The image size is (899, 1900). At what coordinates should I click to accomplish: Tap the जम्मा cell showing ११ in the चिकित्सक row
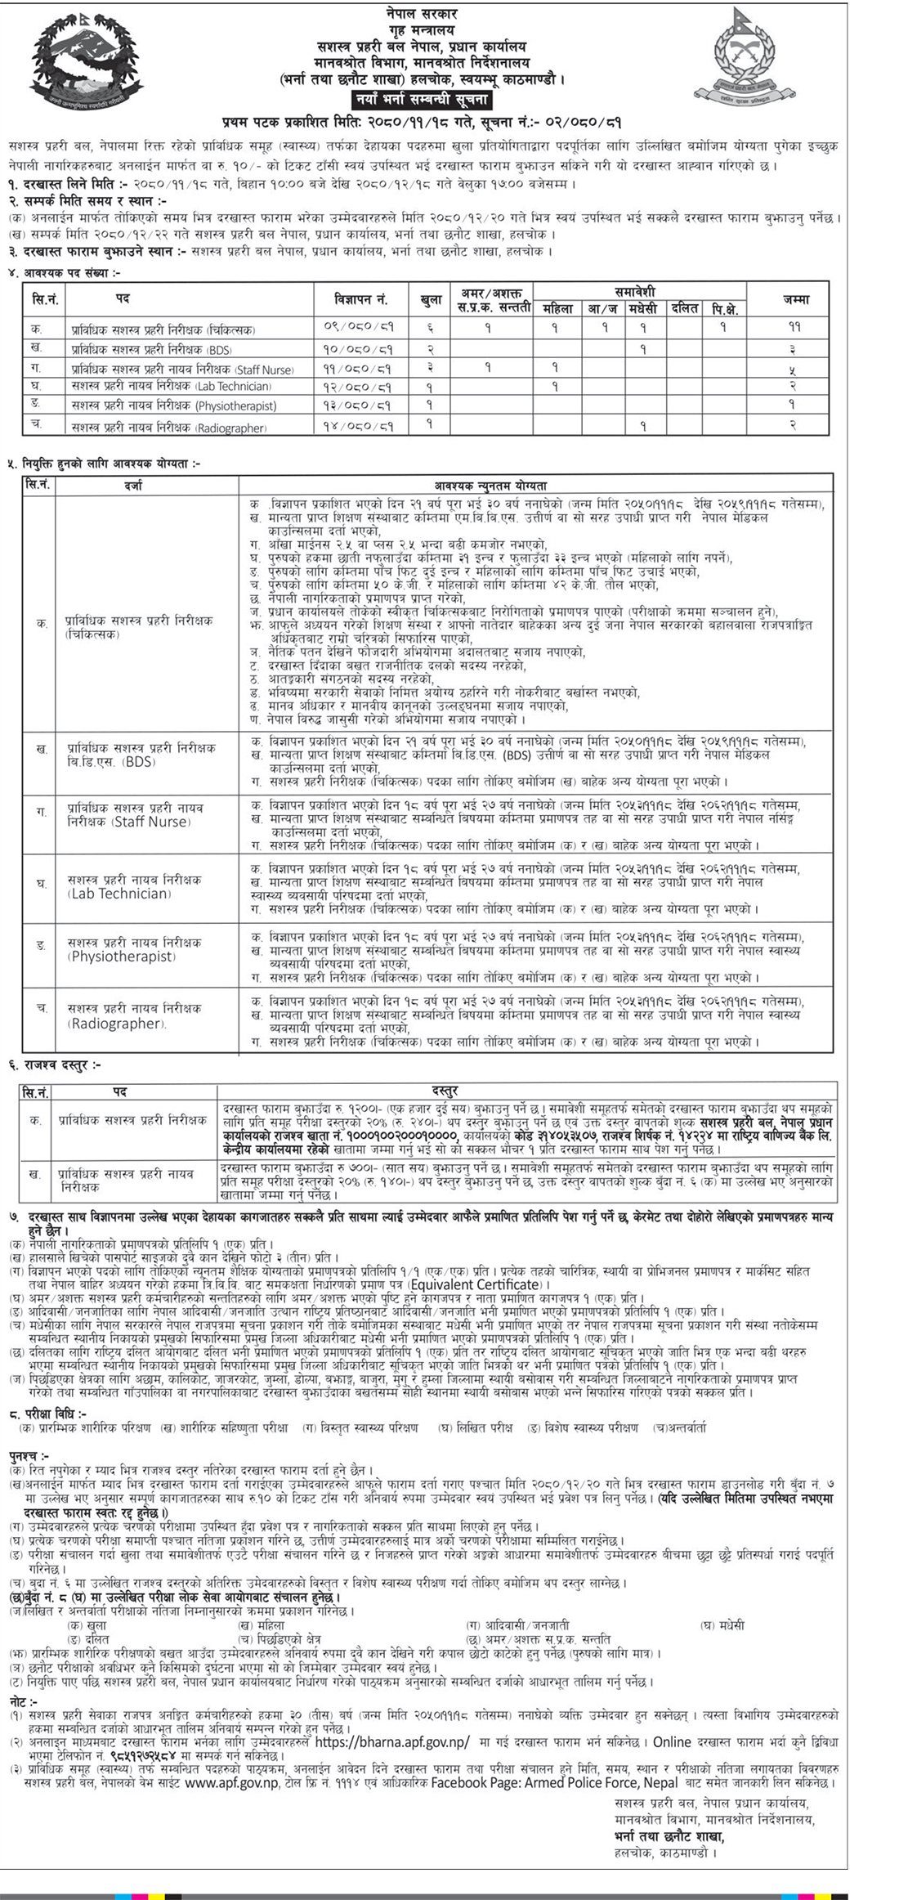pyautogui.click(x=794, y=327)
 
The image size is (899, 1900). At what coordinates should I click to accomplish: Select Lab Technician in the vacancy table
pyautogui.click(x=233, y=386)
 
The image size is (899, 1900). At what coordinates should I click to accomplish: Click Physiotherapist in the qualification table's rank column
pyautogui.click(x=122, y=957)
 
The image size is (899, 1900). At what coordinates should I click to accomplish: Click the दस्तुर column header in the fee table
pyautogui.click(x=445, y=1091)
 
